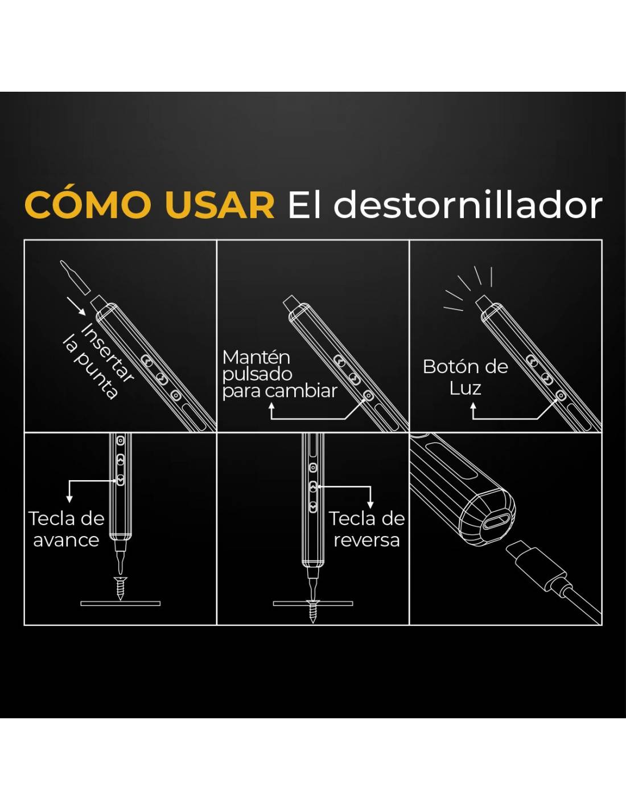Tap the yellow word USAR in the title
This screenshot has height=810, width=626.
click(220, 204)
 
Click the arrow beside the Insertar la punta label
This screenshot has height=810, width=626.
click(76, 306)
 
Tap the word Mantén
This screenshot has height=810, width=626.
click(256, 358)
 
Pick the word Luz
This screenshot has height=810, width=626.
click(465, 388)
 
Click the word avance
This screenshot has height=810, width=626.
click(66, 541)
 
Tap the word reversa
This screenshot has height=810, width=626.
click(367, 541)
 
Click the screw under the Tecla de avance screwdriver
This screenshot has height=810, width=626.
click(120, 588)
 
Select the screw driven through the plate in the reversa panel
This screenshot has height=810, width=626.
click(313, 611)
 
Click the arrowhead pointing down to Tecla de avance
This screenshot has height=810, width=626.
click(69, 499)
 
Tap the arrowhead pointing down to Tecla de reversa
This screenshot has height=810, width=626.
click(370, 505)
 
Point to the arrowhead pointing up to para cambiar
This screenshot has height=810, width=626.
click(272, 407)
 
